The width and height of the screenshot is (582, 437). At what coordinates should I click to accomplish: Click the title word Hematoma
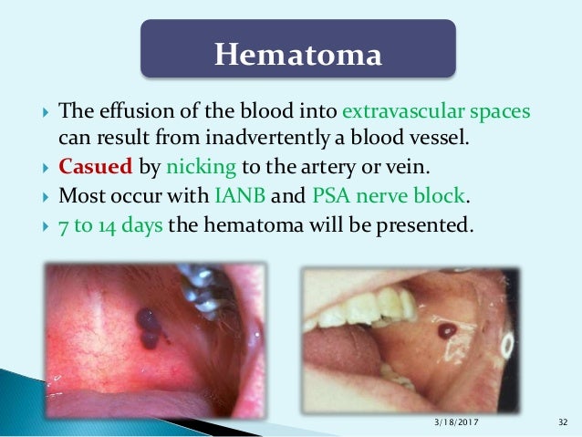coord(296,55)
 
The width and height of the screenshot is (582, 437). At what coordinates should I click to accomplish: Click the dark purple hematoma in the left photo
coord(147,325)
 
